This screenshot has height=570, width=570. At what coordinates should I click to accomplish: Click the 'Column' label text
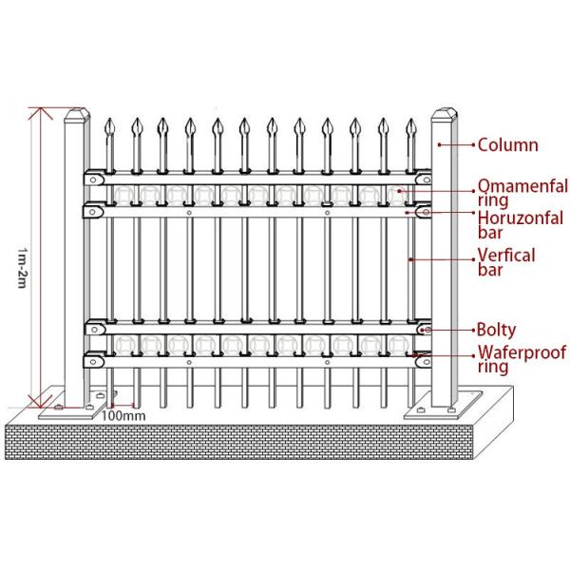click(x=507, y=145)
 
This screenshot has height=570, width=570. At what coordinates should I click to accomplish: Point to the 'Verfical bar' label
click(x=506, y=262)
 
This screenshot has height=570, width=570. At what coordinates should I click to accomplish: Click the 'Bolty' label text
click(x=497, y=331)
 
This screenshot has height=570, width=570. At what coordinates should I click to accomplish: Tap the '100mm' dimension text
click(x=123, y=415)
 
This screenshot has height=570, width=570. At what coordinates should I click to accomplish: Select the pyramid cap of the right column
click(x=444, y=119)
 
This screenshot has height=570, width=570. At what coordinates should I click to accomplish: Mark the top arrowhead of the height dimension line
click(x=38, y=112)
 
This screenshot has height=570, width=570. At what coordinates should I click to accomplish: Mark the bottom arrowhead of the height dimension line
click(x=38, y=404)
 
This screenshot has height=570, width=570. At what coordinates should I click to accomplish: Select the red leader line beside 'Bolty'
click(x=453, y=330)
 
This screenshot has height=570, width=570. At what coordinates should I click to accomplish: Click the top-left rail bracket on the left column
click(x=95, y=177)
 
